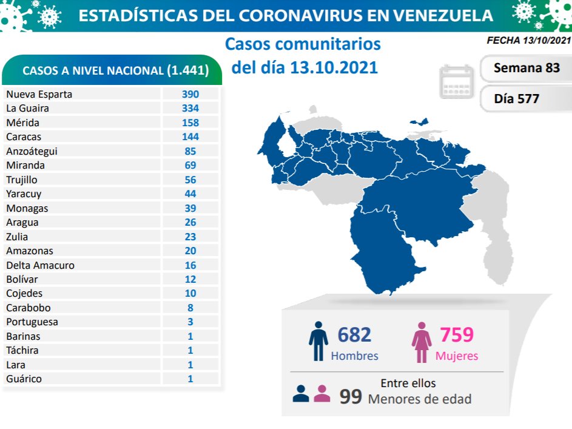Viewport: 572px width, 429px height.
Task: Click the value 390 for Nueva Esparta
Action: (x=190, y=95)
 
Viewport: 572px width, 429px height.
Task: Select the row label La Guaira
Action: (x=27, y=109)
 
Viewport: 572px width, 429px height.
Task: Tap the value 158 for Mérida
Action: (x=190, y=123)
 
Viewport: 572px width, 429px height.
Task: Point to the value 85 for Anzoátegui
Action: (x=190, y=151)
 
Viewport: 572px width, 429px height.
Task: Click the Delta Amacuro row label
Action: (x=41, y=265)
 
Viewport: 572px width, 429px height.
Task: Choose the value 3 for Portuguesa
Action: (x=190, y=322)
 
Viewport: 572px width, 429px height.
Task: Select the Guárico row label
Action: (x=24, y=379)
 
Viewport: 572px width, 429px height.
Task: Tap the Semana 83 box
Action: (x=526, y=68)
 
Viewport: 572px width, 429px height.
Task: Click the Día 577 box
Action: (x=516, y=98)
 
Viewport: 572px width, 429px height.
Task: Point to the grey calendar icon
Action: (x=456, y=81)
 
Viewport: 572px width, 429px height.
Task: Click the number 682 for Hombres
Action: (x=354, y=334)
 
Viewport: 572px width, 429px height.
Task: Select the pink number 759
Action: (x=456, y=334)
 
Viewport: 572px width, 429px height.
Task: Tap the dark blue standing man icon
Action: (x=318, y=341)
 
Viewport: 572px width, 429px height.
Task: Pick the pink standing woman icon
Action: (x=421, y=341)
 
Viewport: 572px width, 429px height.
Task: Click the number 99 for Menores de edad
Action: (x=351, y=397)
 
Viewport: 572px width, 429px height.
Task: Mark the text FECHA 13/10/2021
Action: (x=528, y=41)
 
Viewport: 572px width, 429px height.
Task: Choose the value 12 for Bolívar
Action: (x=190, y=280)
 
